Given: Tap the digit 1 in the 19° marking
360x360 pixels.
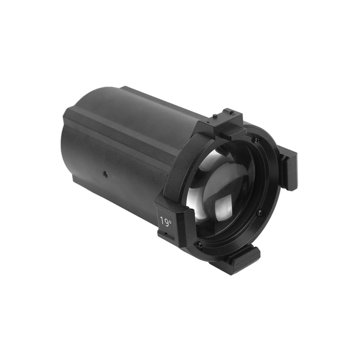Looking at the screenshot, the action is click(x=162, y=221).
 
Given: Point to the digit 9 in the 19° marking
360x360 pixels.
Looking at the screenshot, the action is click(x=166, y=222).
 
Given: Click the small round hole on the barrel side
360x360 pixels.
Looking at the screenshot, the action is click(x=104, y=172).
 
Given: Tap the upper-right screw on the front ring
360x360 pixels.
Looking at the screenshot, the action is click(x=257, y=139).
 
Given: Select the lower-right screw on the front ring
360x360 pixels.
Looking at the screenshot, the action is click(x=260, y=212).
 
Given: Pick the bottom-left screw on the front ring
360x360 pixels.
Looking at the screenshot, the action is click(x=200, y=245).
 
